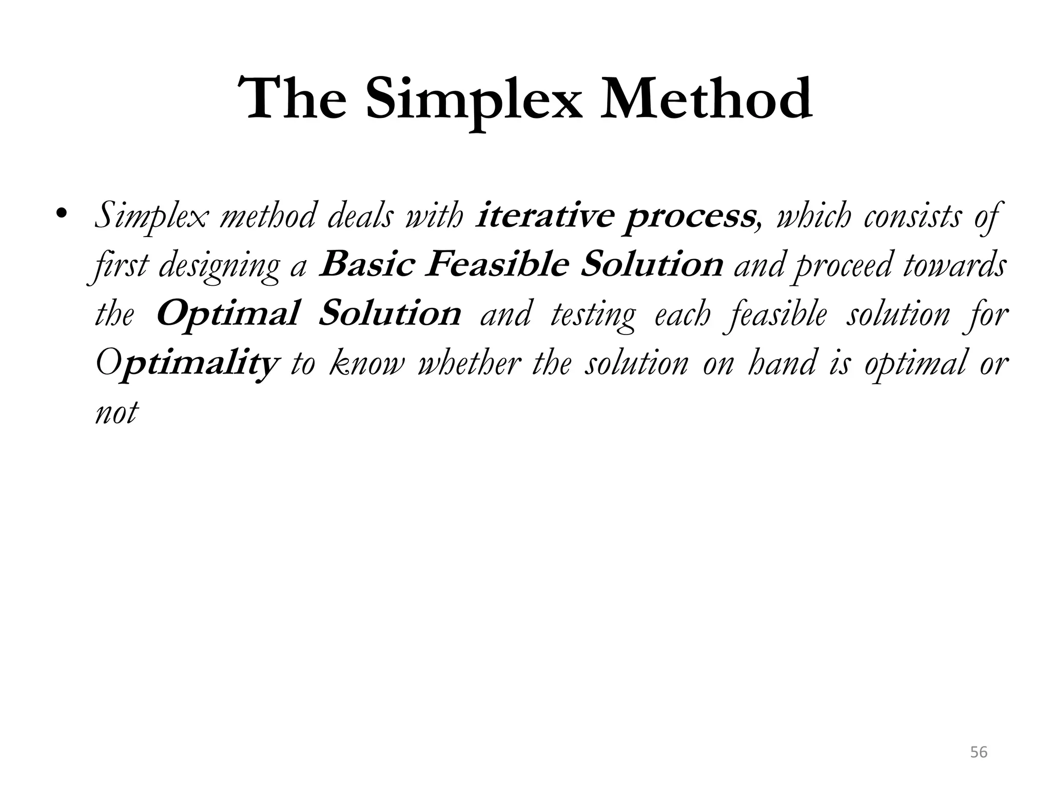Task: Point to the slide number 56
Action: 979,753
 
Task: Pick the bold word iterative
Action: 544,216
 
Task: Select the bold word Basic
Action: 366,265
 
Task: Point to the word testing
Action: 593,315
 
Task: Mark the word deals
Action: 359,216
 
